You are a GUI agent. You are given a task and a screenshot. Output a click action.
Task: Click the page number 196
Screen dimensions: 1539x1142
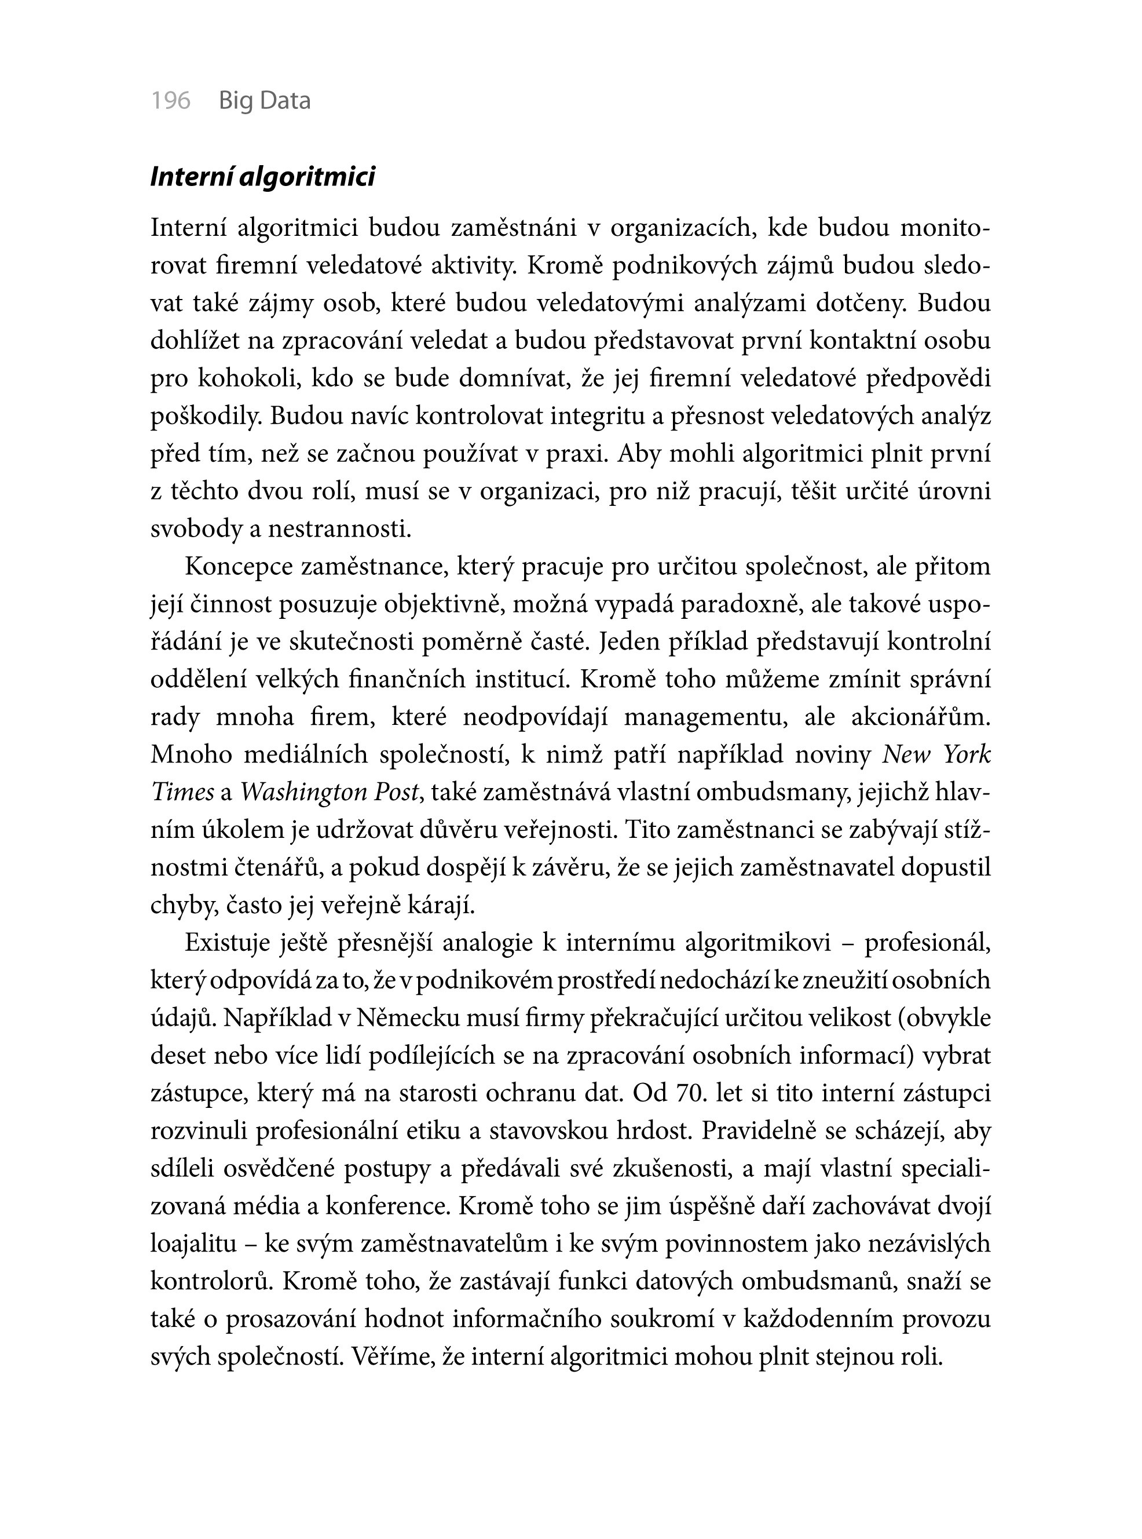[x=171, y=101]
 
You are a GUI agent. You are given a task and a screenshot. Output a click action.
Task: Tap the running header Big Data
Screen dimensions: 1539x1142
[x=265, y=101]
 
